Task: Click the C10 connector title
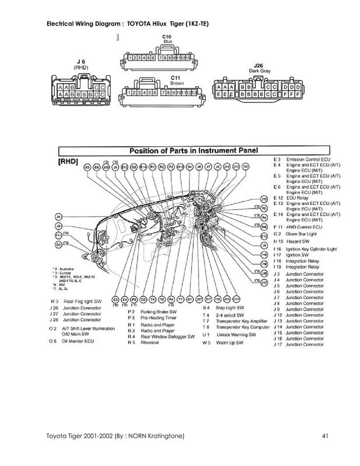pos(167,36)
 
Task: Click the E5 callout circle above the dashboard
pos(87,167)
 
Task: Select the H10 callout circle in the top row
pos(180,167)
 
